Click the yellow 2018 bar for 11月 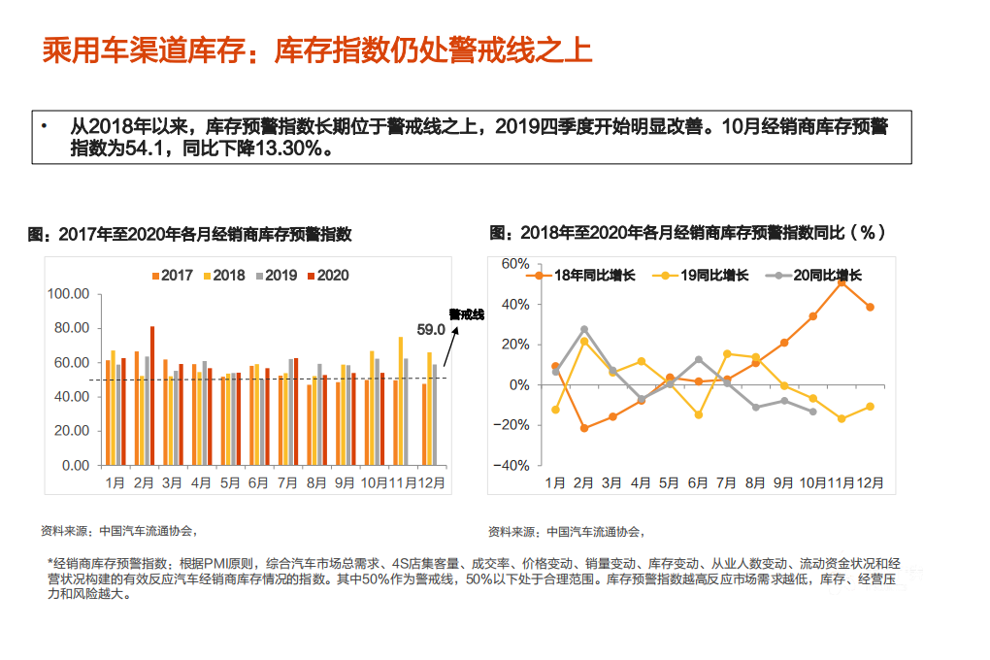pos(401,401)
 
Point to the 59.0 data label pos(430,329)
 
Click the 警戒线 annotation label pos(465,314)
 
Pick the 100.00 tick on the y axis pos(69,294)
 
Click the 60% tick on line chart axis pos(514,264)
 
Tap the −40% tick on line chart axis pos(513,465)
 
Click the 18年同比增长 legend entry pos(582,276)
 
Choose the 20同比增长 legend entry pos(815,276)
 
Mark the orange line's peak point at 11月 pos(841,282)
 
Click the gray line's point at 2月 pos(584,330)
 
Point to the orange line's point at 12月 pos(870,307)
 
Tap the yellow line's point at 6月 pos(698,415)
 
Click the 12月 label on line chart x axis pos(870,482)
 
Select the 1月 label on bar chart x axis pos(115,482)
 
